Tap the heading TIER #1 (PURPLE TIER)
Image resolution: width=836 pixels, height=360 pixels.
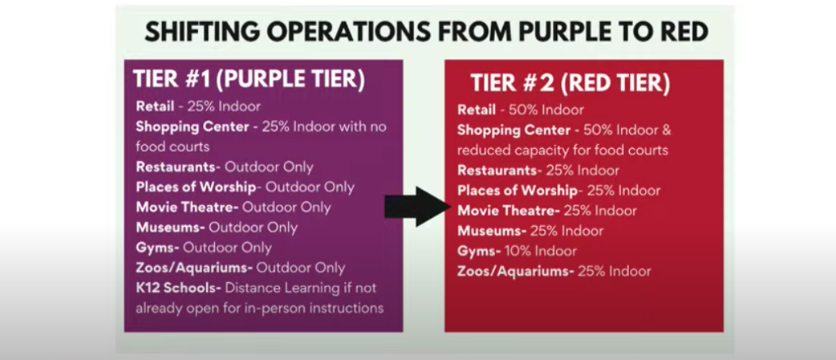249,79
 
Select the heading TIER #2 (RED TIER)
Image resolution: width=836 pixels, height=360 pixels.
570,83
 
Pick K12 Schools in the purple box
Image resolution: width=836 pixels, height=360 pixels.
178,288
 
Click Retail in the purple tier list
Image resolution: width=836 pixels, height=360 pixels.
155,106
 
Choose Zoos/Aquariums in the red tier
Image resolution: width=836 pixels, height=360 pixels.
515,272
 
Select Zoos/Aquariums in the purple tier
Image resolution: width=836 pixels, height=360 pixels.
194,268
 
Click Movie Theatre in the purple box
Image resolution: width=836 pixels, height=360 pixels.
187,207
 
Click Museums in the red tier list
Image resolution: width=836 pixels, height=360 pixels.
492,231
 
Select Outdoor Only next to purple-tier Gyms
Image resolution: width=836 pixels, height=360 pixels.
227,248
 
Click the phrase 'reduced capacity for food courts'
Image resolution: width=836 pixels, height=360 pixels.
563,151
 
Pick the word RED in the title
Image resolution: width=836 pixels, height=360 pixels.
682,33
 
